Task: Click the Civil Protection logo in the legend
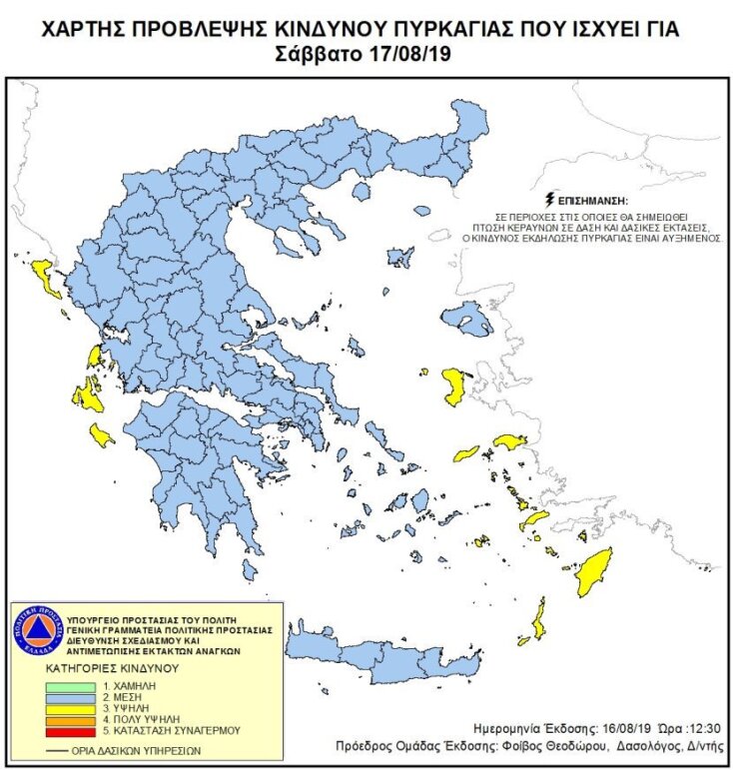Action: [36, 632]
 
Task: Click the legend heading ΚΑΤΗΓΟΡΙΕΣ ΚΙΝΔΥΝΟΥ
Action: [111, 666]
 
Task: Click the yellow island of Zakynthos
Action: [102, 434]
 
